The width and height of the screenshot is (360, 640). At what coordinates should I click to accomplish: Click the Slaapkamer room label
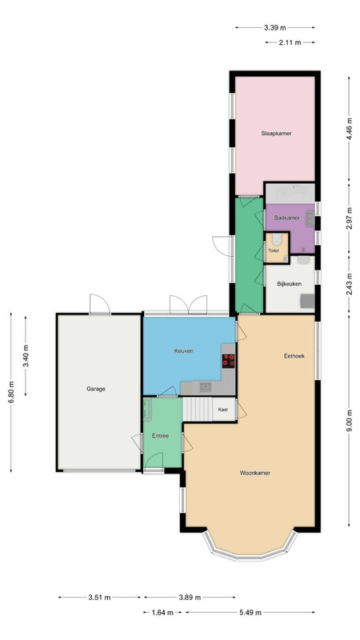click(276, 133)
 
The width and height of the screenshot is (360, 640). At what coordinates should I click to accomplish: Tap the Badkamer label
click(286, 218)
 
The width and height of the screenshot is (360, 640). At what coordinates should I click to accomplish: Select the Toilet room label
click(274, 250)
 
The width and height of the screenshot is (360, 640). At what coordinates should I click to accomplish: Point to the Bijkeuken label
click(289, 284)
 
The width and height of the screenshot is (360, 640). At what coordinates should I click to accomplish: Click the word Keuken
click(184, 350)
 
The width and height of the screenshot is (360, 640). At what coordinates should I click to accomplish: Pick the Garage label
click(96, 389)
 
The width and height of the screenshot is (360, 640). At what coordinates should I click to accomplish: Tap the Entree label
click(161, 436)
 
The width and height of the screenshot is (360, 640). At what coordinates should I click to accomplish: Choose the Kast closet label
click(223, 410)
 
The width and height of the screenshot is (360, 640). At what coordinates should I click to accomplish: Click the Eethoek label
click(294, 356)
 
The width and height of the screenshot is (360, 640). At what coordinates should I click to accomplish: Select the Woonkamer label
click(255, 473)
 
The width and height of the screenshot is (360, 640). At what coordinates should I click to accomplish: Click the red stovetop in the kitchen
click(229, 361)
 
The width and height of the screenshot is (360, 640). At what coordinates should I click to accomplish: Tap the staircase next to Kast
click(198, 410)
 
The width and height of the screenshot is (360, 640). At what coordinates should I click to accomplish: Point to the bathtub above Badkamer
click(290, 193)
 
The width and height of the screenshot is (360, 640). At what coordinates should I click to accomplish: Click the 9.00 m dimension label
click(349, 421)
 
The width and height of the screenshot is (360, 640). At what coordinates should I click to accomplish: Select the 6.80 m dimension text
click(11, 392)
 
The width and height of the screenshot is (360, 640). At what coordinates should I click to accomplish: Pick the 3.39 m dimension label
click(274, 28)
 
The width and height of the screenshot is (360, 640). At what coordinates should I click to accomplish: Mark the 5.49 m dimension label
click(250, 612)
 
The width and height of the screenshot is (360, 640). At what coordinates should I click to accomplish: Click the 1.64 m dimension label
click(162, 612)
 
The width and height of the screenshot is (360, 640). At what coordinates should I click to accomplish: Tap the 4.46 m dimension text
click(349, 129)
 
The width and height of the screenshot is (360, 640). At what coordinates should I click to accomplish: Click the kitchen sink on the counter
click(205, 387)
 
